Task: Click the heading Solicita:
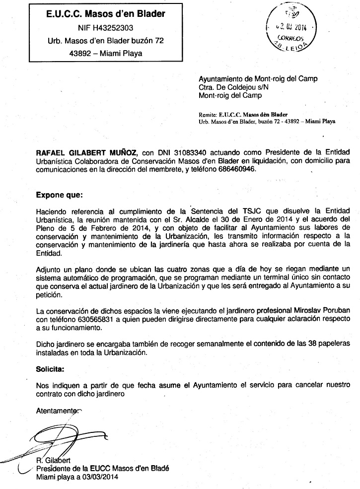50,369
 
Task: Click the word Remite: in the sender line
208,114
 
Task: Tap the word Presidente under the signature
56,469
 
